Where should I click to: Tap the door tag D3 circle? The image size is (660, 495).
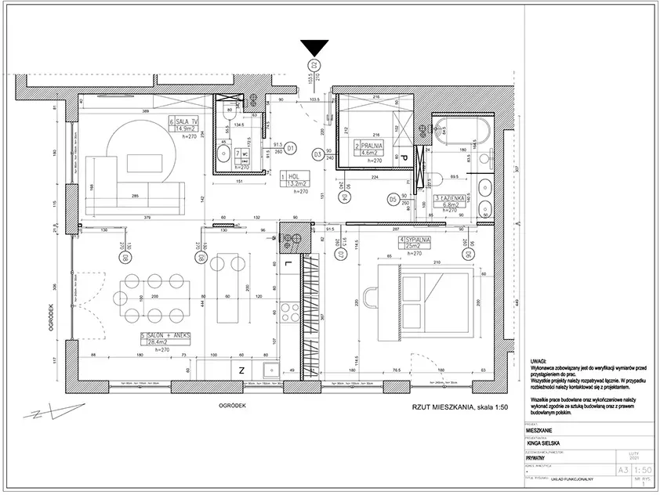tap(317, 155)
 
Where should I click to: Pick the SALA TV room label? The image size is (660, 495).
tap(189, 122)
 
